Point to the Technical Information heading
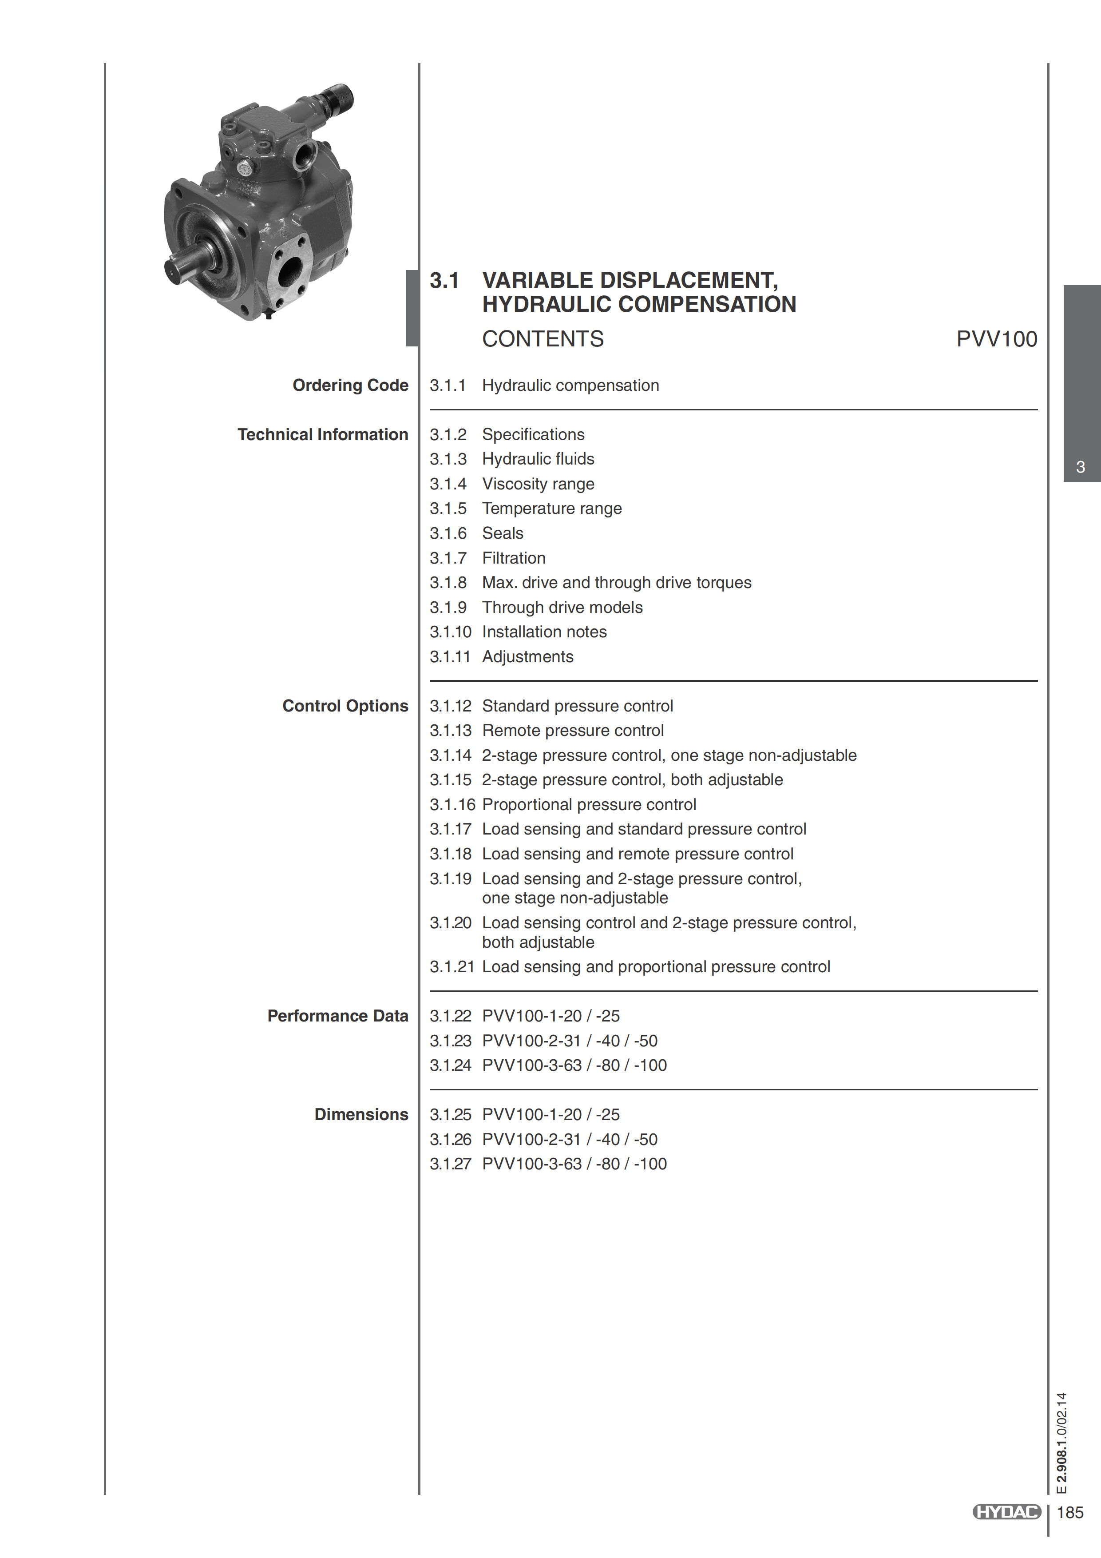[322, 434]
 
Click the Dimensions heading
[361, 1114]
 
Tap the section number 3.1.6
[448, 533]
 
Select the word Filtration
[514, 558]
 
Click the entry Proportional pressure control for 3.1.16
[589, 805]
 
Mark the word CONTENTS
[543, 338]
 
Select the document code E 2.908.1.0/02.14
[1061, 1442]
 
